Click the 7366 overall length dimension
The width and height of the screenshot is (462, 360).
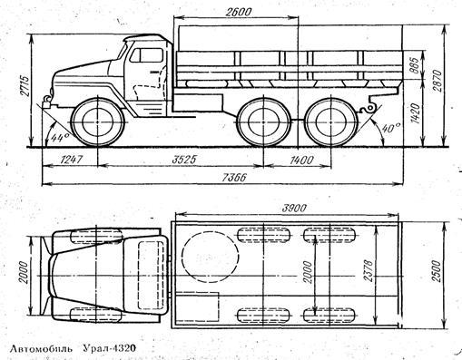(234, 178)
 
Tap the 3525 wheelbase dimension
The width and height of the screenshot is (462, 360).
(184, 160)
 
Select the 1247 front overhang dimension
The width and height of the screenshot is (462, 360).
(71, 160)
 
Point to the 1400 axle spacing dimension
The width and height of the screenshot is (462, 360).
(301, 160)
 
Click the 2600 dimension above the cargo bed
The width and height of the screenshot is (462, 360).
(239, 12)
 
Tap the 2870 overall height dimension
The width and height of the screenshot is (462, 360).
(437, 81)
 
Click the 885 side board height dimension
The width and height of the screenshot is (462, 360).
(415, 65)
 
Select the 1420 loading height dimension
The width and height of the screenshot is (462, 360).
(416, 113)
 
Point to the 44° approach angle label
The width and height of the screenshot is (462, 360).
(60, 137)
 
